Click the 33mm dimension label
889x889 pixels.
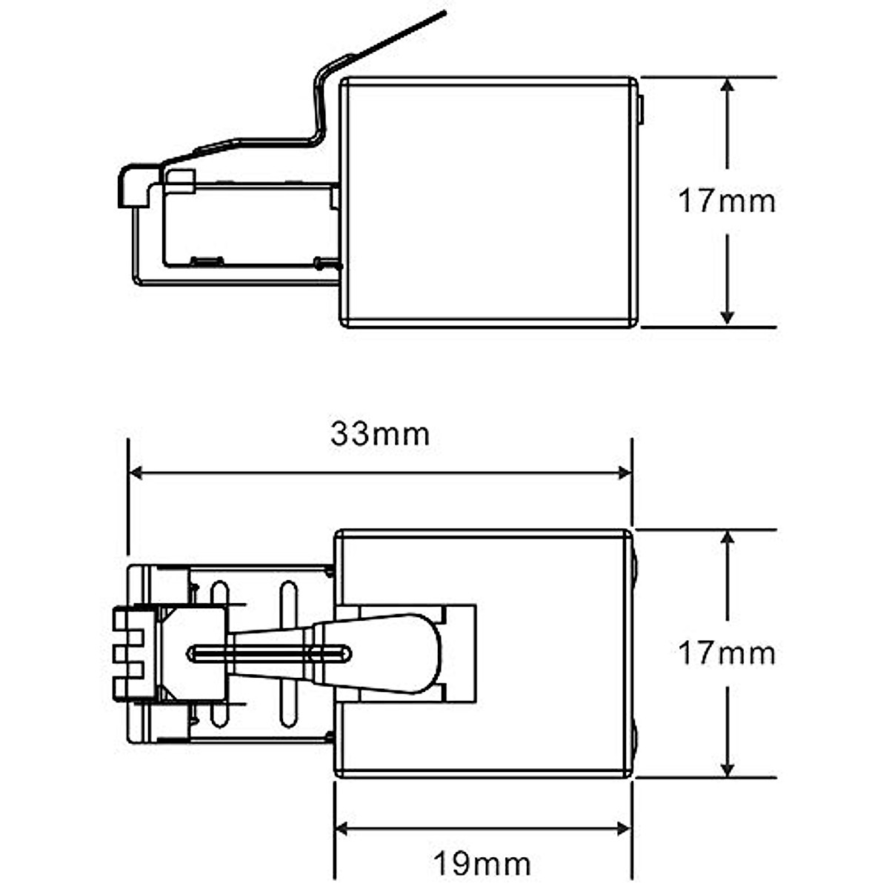(x=380, y=434)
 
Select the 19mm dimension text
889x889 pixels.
(x=482, y=863)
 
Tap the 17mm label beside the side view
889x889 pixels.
(x=727, y=202)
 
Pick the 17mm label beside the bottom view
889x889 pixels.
(x=727, y=653)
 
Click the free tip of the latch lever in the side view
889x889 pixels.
(x=443, y=13)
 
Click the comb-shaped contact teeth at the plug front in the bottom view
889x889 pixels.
(x=127, y=653)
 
